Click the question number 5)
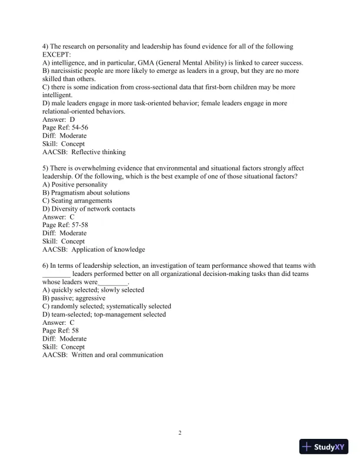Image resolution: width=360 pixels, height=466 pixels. [x=46, y=168]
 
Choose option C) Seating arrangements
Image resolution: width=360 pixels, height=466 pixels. [x=77, y=201]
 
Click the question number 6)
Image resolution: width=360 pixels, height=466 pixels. [x=46, y=265]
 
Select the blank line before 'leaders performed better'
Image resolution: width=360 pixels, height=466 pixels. [x=56, y=274]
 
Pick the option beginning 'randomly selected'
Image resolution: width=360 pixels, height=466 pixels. [x=106, y=306]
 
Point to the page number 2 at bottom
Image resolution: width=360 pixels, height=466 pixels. [x=180, y=433]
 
